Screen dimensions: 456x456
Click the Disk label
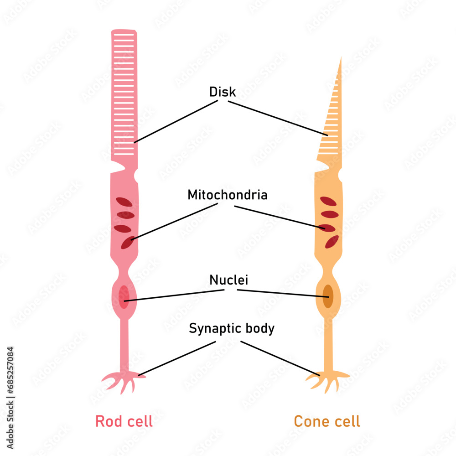(223, 92)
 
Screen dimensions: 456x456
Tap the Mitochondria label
(227, 195)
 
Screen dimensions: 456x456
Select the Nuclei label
(228, 280)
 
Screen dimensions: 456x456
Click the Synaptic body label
(232, 328)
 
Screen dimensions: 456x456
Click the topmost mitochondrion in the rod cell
(124, 202)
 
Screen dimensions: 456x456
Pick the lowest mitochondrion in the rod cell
(127, 243)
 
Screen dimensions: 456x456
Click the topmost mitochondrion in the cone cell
(328, 201)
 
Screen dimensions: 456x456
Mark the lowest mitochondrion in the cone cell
(332, 242)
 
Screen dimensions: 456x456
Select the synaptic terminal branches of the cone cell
(326, 380)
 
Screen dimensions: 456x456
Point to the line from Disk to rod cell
(176, 122)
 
